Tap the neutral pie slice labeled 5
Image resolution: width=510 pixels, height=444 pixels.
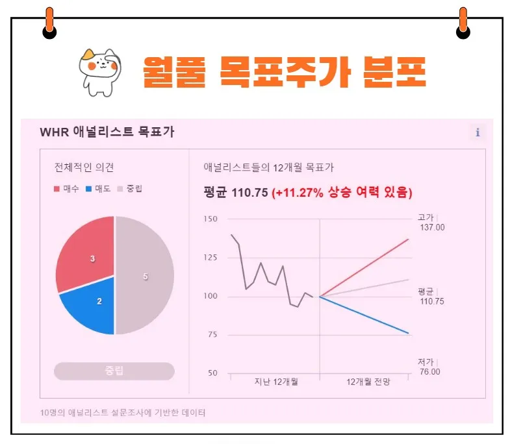point(145,276)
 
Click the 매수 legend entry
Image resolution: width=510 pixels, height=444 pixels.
point(66,189)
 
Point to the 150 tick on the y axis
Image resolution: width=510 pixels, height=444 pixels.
point(209,219)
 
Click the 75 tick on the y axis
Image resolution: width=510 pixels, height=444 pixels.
point(212,334)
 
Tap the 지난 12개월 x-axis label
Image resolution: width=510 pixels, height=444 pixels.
point(275,382)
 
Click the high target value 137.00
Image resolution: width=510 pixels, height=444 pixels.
point(432,227)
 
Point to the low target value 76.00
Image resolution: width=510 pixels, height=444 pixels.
point(429,371)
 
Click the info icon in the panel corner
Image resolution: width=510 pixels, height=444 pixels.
point(478,132)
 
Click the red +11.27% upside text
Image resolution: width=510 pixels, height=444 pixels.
point(342,193)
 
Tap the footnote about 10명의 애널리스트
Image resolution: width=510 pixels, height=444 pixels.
point(122,413)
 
